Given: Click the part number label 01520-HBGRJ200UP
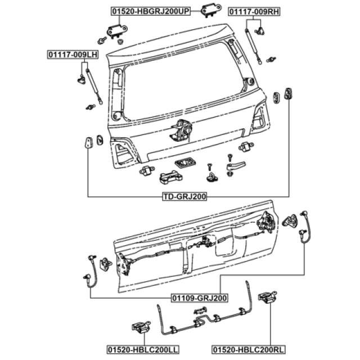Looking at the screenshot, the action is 151,11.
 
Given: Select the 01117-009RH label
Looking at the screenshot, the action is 254,11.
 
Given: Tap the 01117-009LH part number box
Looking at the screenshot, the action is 73,55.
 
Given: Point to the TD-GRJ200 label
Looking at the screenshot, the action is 184,196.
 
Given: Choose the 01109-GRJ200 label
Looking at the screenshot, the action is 200,298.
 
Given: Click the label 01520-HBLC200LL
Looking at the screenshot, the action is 143,350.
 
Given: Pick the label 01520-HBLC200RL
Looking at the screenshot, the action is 248,350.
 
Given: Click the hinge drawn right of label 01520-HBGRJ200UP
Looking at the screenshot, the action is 211,10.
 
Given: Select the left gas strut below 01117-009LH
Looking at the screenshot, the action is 94,86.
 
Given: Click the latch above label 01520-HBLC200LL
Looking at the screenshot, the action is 141,327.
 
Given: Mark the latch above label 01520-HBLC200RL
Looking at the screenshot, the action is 267,297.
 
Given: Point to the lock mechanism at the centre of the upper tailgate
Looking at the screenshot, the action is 181,130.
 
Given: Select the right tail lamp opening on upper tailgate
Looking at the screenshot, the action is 260,116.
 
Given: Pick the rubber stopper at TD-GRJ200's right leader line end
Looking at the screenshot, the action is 289,93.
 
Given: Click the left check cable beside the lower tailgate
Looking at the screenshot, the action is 91,271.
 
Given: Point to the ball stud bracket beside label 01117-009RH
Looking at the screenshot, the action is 259,31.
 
